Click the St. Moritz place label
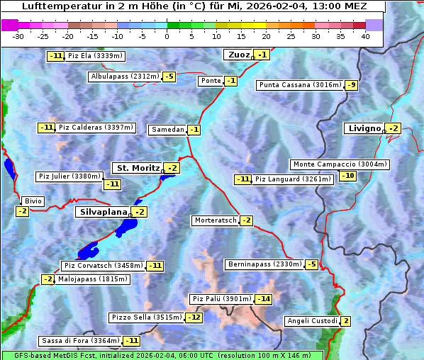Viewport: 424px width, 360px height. [x=138, y=168]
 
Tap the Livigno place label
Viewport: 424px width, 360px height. [x=364, y=128]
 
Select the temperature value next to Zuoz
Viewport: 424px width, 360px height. [x=263, y=55]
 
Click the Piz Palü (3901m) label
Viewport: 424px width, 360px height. [x=221, y=299]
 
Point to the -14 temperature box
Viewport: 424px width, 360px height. [x=264, y=299]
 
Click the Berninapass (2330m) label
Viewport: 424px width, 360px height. [x=264, y=264]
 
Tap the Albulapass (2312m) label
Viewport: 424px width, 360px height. [x=125, y=77]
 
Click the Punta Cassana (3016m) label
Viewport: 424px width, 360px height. [x=299, y=85]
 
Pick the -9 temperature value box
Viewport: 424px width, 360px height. [x=352, y=85]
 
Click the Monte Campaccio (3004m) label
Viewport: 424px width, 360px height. [x=340, y=164]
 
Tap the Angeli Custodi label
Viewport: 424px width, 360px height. [x=312, y=321]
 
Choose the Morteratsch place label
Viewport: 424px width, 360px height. [x=216, y=220]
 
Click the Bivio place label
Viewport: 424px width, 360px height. [x=33, y=201]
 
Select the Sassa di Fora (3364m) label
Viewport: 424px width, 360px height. [x=80, y=341]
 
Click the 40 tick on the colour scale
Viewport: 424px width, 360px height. [x=365, y=35]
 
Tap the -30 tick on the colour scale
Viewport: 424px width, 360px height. [x=18, y=35]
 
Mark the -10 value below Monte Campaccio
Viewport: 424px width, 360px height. [x=347, y=176]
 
